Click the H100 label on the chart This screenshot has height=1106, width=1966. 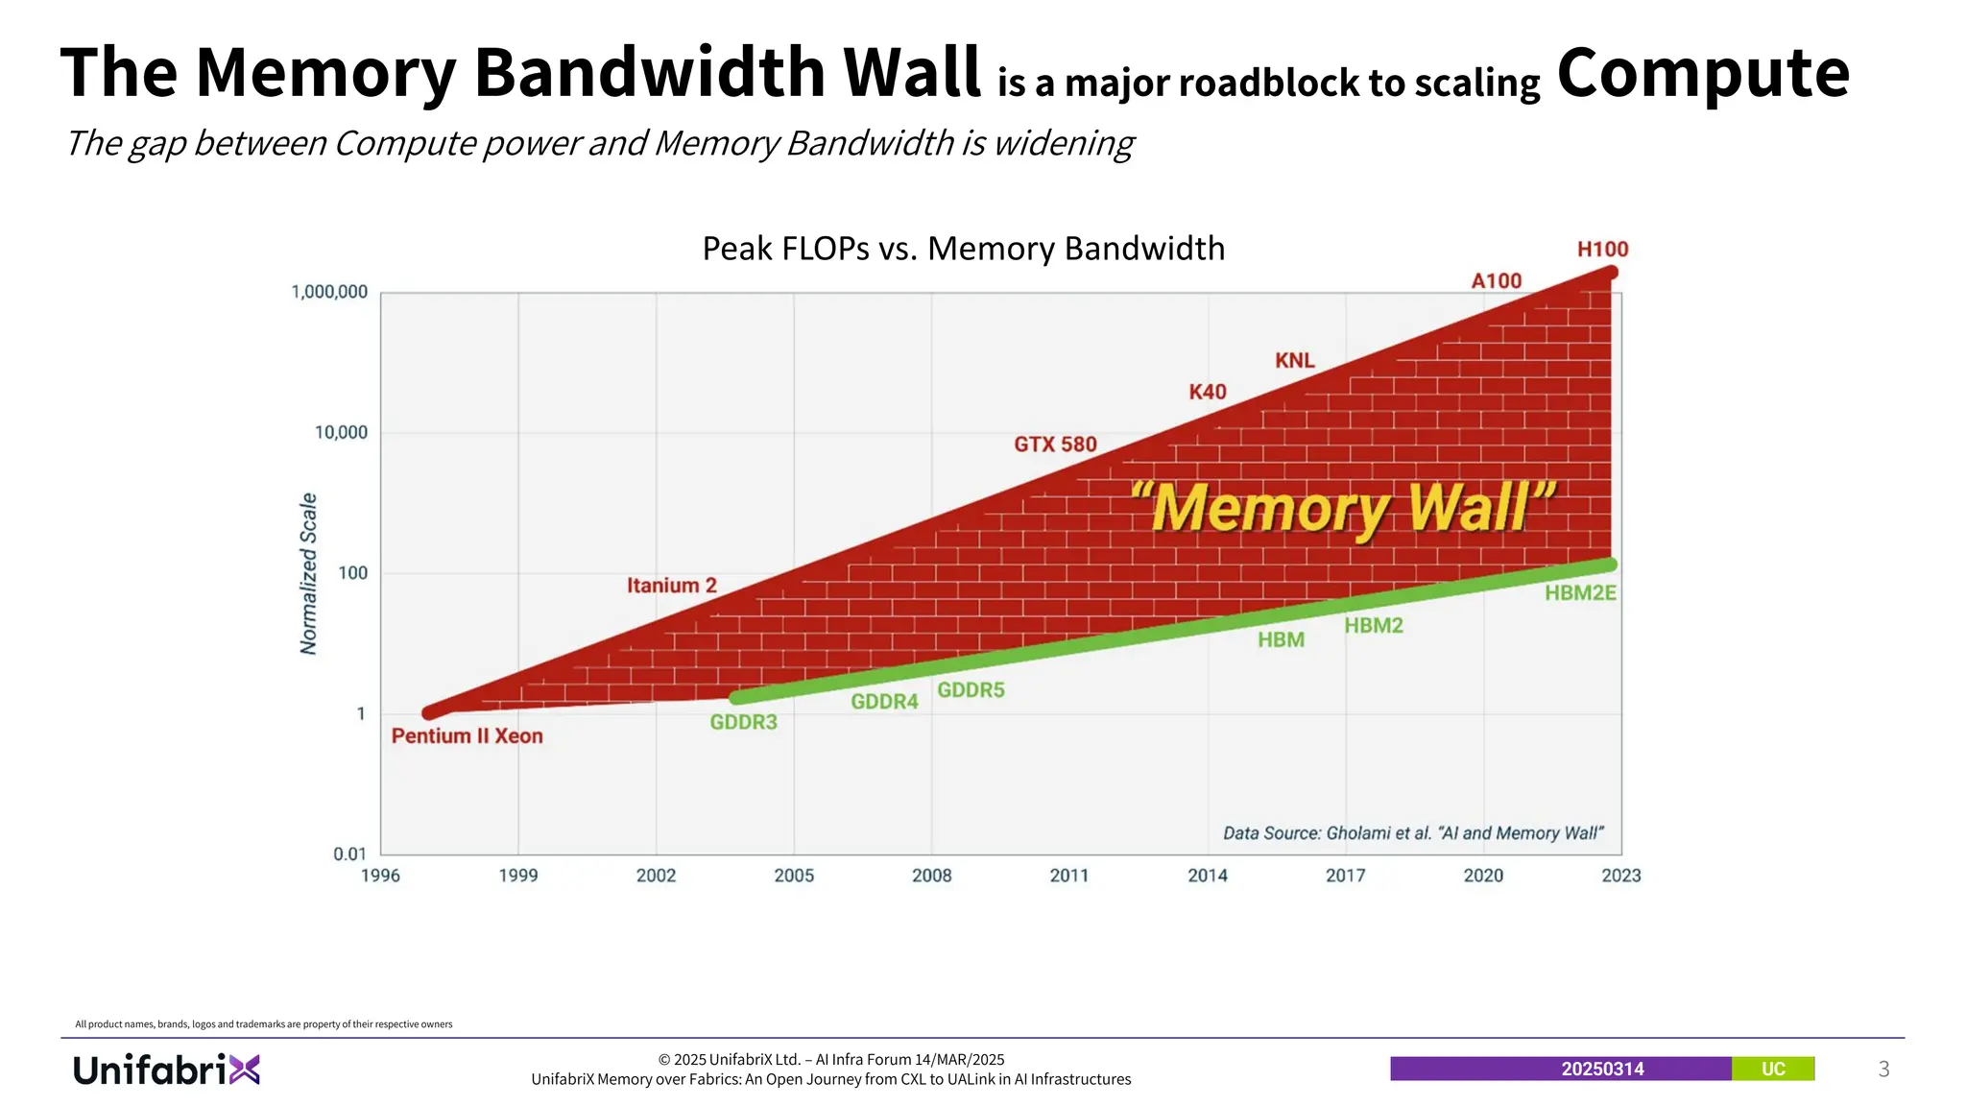[x=1602, y=250]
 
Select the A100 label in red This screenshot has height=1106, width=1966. [x=1497, y=281]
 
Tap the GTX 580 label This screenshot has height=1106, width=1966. [x=1055, y=445]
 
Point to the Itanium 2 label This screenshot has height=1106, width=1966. [x=671, y=586]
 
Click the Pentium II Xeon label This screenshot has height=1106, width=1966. [x=467, y=736]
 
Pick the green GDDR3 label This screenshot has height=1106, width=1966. [x=743, y=722]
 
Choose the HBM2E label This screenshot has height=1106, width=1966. [x=1580, y=593]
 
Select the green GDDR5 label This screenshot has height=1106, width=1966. [x=971, y=690]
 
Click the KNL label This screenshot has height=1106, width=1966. [x=1294, y=361]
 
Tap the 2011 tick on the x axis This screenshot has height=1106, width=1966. [x=1069, y=876]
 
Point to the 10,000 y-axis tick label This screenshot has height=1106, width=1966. [x=341, y=433]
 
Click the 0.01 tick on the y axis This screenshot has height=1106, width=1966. [x=349, y=854]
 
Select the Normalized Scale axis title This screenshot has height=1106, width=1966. [x=308, y=574]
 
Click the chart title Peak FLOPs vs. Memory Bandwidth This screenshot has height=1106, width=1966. [x=963, y=249]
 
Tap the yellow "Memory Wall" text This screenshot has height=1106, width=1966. [x=1342, y=508]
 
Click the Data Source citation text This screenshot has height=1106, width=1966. [x=1412, y=833]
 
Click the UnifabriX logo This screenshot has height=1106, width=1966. [x=166, y=1070]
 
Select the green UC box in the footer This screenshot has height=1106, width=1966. [x=1772, y=1070]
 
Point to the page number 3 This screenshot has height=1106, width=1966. [x=1883, y=1070]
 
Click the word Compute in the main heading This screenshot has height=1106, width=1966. [x=1702, y=73]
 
